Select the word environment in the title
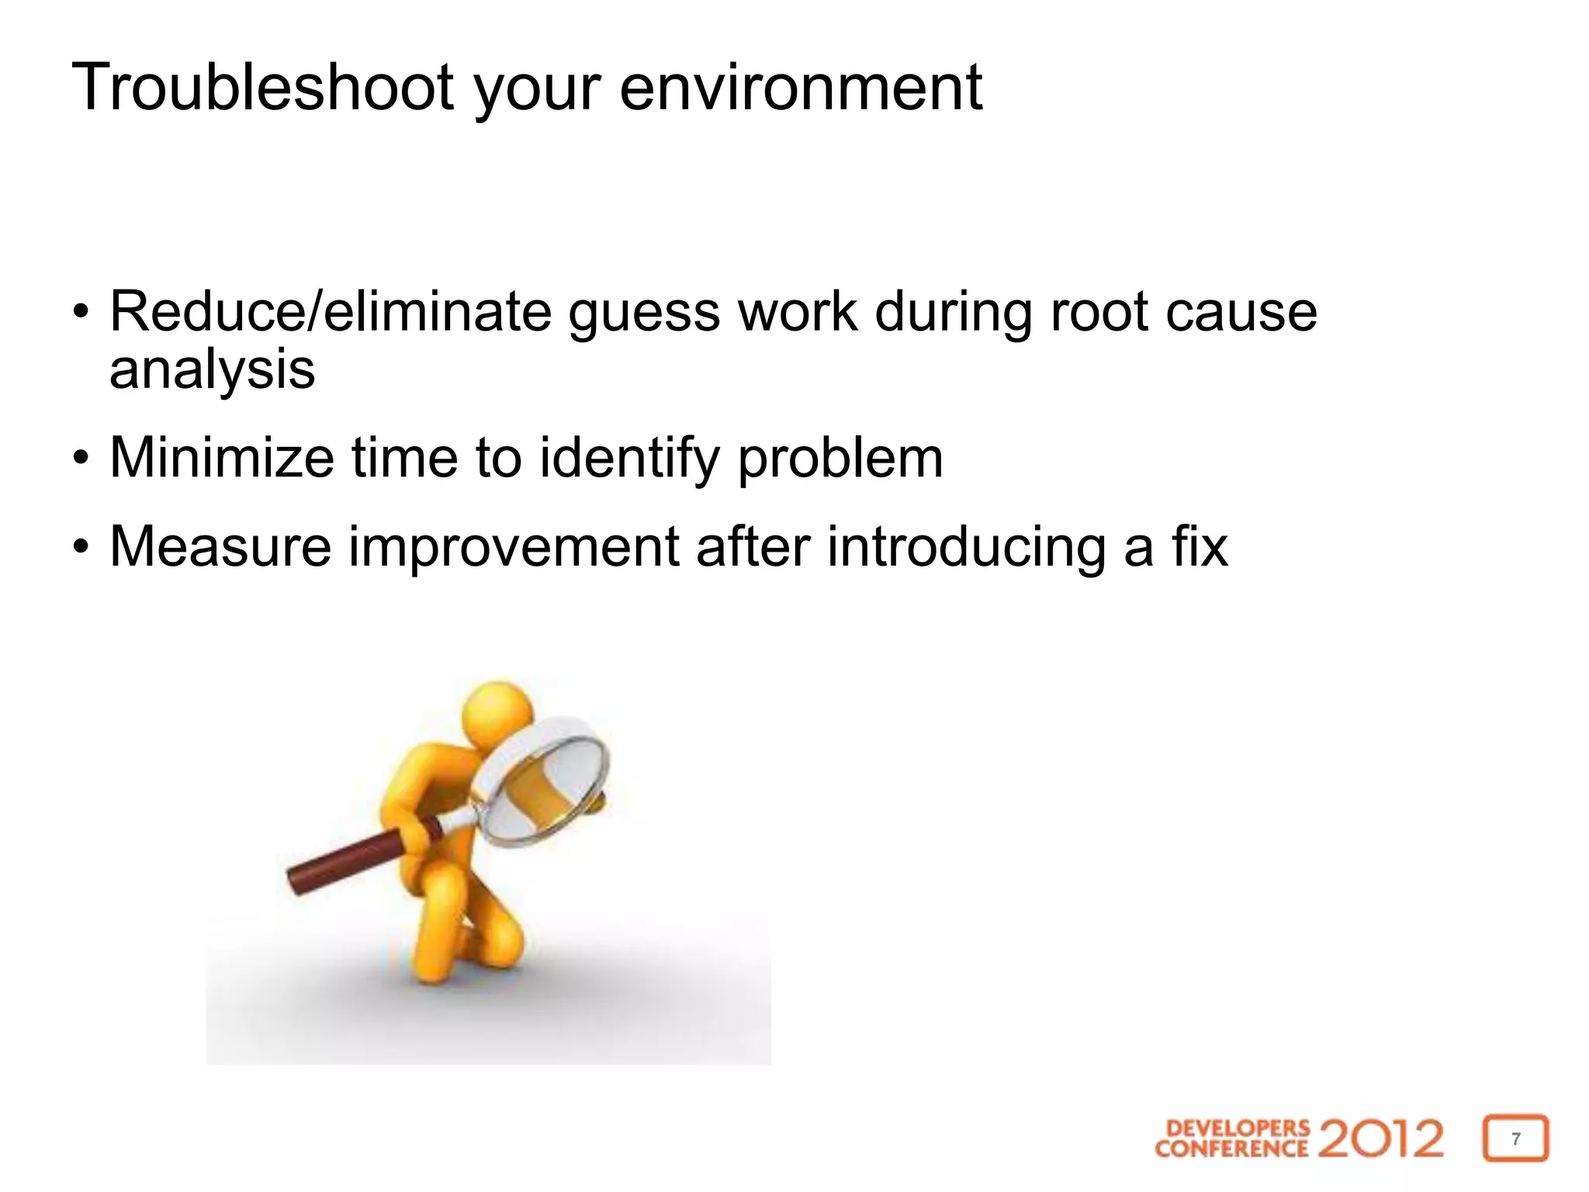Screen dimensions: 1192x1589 pyautogui.click(x=801, y=87)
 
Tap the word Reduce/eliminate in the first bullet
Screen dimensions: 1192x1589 pyautogui.click(x=331, y=312)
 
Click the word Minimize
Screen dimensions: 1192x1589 pyautogui.click(x=222, y=458)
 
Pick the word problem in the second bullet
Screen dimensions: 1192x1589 pyautogui.click(x=840, y=459)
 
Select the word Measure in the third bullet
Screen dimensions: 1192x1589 pyautogui.click(x=220, y=547)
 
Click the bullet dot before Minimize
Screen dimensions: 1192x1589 pyautogui.click(x=81, y=459)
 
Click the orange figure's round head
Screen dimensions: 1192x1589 pyautogui.click(x=497, y=710)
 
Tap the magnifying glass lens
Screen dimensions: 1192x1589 pyautogui.click(x=543, y=784)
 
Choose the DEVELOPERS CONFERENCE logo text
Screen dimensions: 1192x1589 pyautogui.click(x=1231, y=1138)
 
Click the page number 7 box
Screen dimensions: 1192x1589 pyautogui.click(x=1515, y=1138)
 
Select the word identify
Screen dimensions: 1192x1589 pyautogui.click(x=629, y=459)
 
